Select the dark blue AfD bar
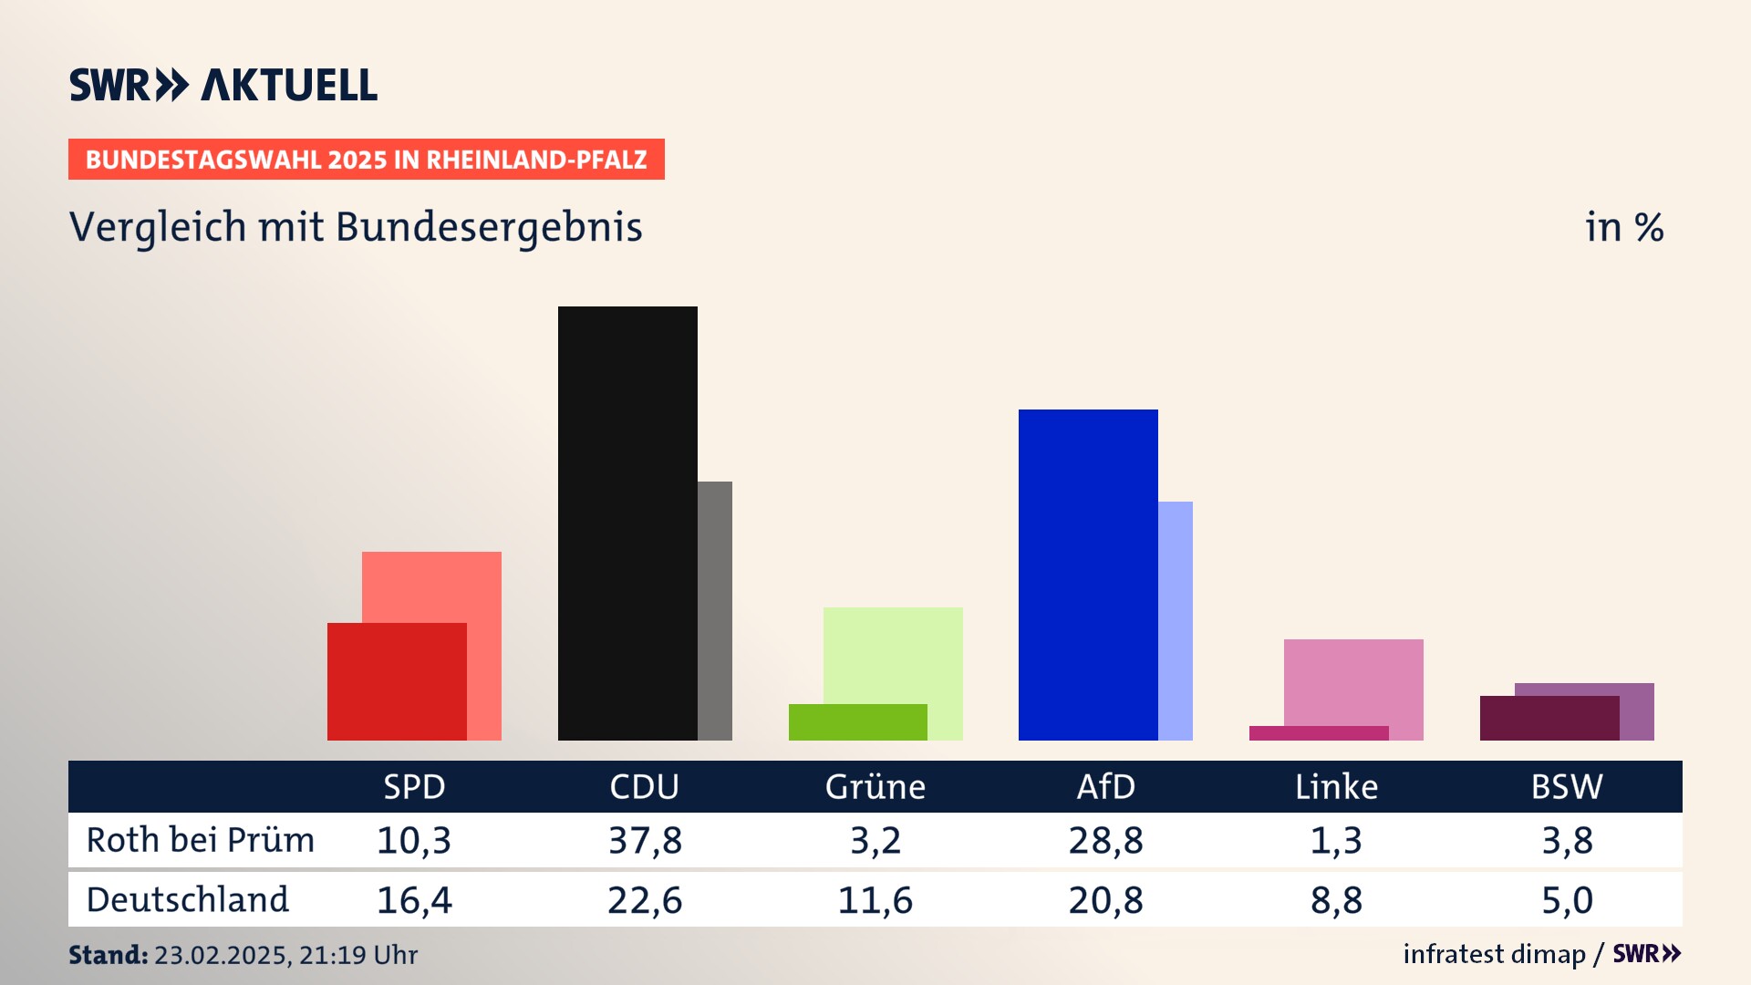tap(1088, 575)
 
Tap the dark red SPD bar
tap(397, 681)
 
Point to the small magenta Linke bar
tap(1319, 733)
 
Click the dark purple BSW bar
tap(1549, 719)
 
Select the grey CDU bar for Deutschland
tap(715, 610)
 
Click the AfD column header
tap(1105, 786)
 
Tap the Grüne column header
tap(875, 786)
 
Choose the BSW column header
tap(1566, 786)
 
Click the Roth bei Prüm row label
tap(201, 840)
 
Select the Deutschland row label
tap(188, 900)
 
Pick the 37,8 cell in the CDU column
tap(645, 840)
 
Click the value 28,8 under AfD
tap(1105, 840)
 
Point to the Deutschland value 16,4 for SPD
tap(414, 900)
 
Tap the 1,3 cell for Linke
tap(1336, 840)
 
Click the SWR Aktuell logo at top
tap(223, 85)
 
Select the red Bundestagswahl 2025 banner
tap(366, 160)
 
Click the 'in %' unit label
tap(1624, 227)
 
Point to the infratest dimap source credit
tap(1494, 954)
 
